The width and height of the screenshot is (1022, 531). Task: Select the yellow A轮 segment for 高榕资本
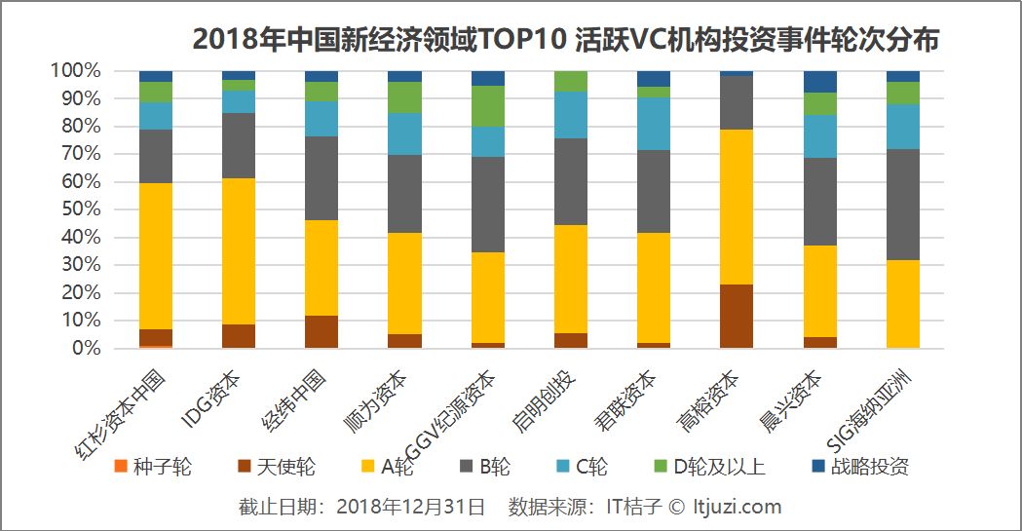pyautogui.click(x=737, y=207)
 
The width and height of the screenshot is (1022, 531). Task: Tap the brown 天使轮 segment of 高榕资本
pyautogui.click(x=737, y=316)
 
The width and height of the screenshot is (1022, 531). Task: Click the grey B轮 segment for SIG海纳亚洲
pyautogui.click(x=902, y=205)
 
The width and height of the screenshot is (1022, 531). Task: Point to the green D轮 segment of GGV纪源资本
pyautogui.click(x=488, y=106)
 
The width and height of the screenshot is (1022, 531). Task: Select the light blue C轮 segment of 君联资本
pyautogui.click(x=654, y=124)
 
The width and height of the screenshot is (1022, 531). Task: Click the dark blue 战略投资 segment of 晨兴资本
pyautogui.click(x=819, y=82)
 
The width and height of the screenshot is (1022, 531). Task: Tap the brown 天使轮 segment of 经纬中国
pyautogui.click(x=322, y=331)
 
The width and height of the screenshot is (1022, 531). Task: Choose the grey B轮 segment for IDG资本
pyautogui.click(x=239, y=145)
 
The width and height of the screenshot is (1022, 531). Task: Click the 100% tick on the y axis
pyautogui.click(x=75, y=71)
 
